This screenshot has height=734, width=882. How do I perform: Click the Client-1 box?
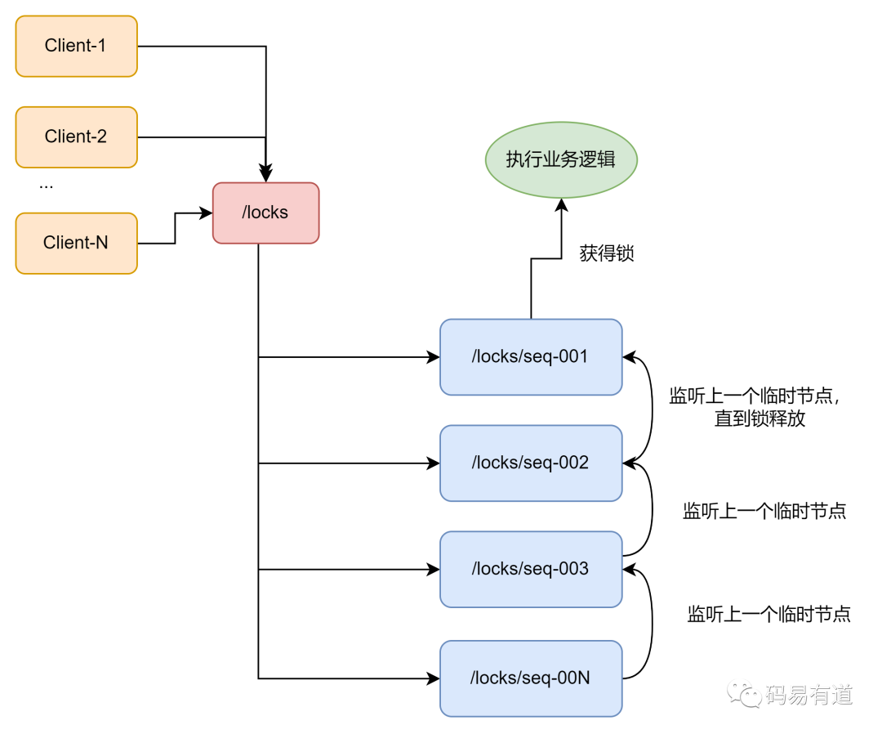coord(76,46)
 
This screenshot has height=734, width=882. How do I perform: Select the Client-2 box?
coord(76,137)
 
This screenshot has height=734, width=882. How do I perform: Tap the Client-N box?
coord(76,243)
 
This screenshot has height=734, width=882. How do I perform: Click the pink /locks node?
coord(265,213)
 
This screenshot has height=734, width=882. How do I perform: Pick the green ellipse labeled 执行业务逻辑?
coord(560,159)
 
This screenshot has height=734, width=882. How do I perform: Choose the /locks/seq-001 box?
coord(531,357)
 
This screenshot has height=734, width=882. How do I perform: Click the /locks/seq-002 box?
coord(531,463)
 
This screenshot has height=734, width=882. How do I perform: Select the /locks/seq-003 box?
coord(531,569)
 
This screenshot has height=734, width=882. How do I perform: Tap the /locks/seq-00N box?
coord(531,678)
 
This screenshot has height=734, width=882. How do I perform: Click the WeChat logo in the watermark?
coord(744,693)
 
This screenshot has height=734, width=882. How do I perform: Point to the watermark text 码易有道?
coord(808,695)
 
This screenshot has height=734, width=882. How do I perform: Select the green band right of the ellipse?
coord(759,160)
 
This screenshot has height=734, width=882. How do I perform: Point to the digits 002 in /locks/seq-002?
coord(573,463)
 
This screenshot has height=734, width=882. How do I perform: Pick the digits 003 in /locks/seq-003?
coord(573,569)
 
